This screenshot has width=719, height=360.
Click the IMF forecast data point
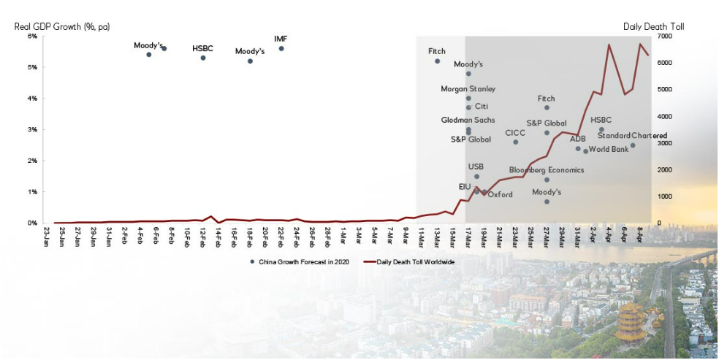(x=281, y=49)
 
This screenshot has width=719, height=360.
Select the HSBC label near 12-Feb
(x=203, y=48)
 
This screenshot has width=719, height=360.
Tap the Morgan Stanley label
(x=468, y=89)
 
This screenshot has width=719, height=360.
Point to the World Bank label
(x=608, y=150)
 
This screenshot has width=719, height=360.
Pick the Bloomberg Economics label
(x=547, y=170)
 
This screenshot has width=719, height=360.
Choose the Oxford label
(x=501, y=195)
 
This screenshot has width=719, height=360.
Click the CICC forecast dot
(x=515, y=142)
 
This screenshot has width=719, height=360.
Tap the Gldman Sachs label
(x=468, y=120)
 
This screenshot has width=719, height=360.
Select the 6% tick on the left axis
(x=32, y=36)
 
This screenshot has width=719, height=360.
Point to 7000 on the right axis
(x=664, y=36)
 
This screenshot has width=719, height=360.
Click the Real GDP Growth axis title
(x=61, y=26)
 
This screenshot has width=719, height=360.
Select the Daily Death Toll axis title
(x=653, y=26)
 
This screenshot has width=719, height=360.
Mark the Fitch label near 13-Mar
(x=437, y=52)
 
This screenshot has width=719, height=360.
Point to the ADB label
(x=578, y=139)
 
